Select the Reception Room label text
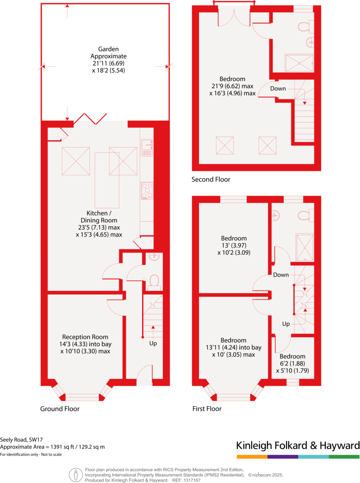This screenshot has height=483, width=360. pos(85,337)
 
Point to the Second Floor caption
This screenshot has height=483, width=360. pos(210,180)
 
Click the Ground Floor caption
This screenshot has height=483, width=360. pos(60,409)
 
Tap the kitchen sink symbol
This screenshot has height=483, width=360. pos(147,147)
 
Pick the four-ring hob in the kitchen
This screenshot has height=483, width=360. pos(147,191)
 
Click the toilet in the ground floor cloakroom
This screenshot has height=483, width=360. pos(154,281)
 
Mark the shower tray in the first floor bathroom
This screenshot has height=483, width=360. pos(304,247)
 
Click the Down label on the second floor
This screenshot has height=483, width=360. pos(278,89)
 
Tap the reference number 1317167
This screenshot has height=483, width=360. pos(191,481)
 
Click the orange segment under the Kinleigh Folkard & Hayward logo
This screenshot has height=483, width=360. pos(252,456)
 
